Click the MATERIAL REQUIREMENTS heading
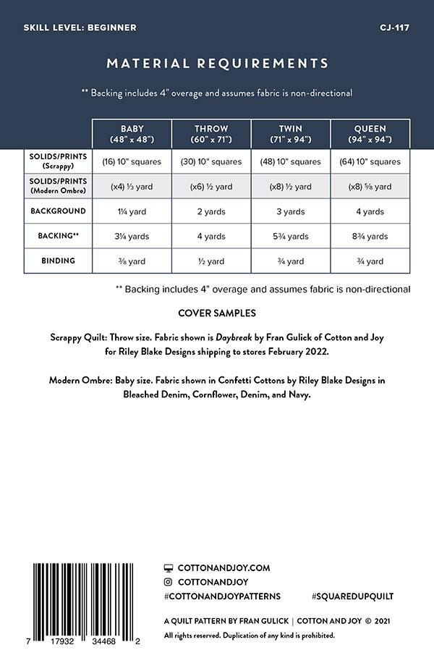217,63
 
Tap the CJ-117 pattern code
395,28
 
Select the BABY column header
132,134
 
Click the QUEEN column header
370,134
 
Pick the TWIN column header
290,134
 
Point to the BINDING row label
58,261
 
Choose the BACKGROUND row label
58,211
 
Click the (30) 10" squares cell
210,161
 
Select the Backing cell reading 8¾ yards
370,237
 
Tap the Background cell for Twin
290,212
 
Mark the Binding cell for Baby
132,261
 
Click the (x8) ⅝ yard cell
370,187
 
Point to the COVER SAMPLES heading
216,314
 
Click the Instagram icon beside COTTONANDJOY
169,582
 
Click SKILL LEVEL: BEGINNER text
80,28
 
